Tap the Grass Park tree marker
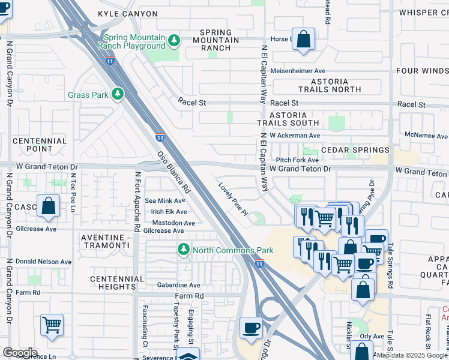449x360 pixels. click(118, 95)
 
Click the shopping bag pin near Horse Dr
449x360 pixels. click(304, 40)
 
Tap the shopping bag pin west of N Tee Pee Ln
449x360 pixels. click(48, 206)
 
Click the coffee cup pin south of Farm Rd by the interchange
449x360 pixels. click(251, 328)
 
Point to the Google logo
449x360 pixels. click(20, 352)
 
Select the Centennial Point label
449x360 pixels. click(39, 144)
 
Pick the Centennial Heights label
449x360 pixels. click(117, 283)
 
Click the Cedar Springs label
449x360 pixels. click(355, 149)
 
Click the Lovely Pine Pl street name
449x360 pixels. click(233, 199)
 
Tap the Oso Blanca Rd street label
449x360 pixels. click(174, 170)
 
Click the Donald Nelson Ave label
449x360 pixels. click(43, 262)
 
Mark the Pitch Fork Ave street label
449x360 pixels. click(297, 160)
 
